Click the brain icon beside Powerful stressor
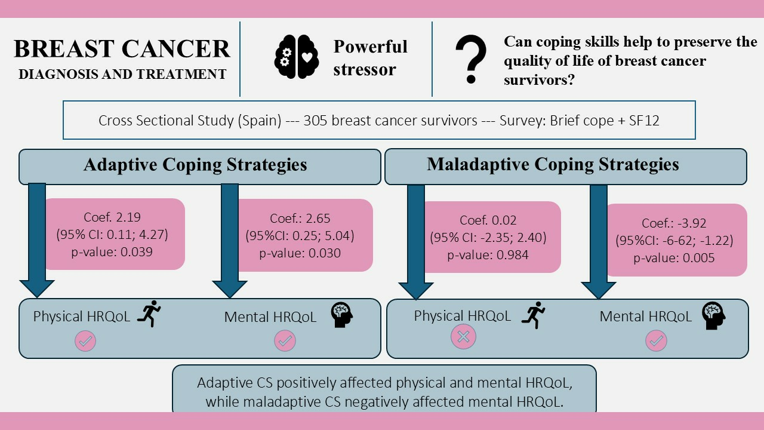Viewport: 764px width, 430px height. click(x=297, y=58)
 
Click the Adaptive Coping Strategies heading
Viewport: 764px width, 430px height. click(x=195, y=165)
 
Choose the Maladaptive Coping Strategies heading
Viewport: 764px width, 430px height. click(x=553, y=164)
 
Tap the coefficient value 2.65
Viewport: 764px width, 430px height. click(x=316, y=219)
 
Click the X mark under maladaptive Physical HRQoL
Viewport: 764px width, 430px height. click(x=463, y=337)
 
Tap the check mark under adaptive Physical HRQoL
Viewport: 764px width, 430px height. click(x=85, y=341)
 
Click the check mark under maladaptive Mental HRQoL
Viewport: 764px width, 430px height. click(x=656, y=341)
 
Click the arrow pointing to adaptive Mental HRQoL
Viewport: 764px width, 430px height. click(x=230, y=239)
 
